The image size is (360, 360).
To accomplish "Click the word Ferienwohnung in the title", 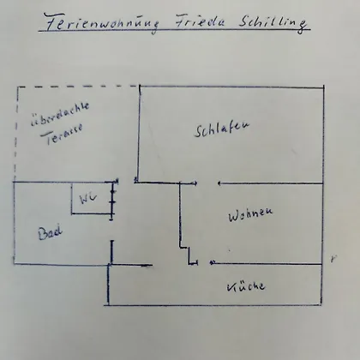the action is [102, 23].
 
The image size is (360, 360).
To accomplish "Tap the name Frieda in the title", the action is [200, 22].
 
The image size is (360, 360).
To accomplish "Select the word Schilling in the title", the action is [273, 23].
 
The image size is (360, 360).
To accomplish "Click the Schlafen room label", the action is [222, 129].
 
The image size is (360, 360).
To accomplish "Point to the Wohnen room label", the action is [250, 213].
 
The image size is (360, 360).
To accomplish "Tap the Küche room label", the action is [246, 286].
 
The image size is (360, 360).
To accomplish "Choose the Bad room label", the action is [51, 233].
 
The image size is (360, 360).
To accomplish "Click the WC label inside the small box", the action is [88, 198].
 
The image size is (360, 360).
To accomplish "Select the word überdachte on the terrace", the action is [60, 114].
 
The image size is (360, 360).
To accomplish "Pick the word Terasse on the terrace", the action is [62, 134].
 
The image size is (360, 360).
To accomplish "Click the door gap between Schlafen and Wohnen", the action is [207, 183].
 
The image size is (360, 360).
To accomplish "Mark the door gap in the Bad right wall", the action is [111, 231].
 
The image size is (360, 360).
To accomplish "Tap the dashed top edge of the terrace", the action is [78, 87].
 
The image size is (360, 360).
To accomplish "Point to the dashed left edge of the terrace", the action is [16, 134].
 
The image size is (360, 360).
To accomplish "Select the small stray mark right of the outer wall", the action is [333, 259].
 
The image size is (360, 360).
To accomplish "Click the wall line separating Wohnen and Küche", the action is [267, 263].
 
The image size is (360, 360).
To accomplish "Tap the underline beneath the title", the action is [174, 29].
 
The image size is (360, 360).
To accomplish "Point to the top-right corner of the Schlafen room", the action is [324, 87].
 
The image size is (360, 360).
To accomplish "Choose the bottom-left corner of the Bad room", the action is [15, 263].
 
